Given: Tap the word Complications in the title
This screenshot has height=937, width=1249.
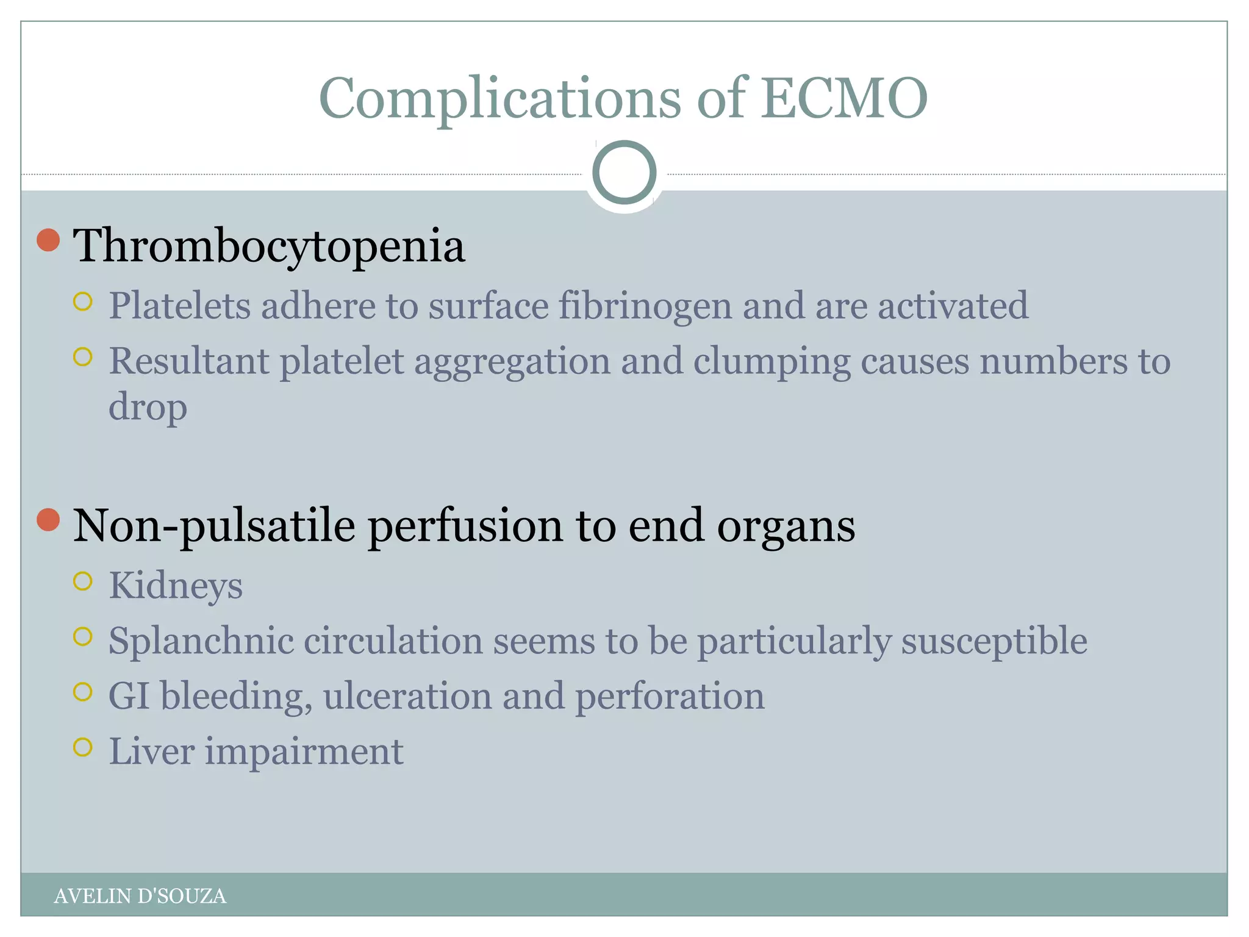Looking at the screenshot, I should tap(499, 99).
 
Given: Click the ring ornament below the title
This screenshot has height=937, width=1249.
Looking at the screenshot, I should tap(624, 173).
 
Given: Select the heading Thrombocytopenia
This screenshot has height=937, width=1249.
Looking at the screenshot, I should tap(269, 246).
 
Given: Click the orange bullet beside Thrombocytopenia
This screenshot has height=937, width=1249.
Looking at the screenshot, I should tap(48, 240).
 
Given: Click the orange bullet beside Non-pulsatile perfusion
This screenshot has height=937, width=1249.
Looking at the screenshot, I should tap(48, 520).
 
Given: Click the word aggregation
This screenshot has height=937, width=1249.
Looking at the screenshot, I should tap(512, 361).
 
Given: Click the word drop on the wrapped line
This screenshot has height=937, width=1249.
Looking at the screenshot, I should tap(148, 407).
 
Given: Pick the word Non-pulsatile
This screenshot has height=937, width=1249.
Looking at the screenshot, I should tap(214, 526).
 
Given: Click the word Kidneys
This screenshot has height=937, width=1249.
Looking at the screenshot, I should tap(176, 586).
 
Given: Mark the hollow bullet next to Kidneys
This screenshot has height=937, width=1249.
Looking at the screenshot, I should tap(82, 581).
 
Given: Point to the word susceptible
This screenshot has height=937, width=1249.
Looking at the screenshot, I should tap(994, 642).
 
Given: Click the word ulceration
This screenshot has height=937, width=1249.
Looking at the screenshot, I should tap(407, 696).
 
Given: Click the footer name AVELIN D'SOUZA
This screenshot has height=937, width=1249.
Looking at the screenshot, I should tap(140, 896).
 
